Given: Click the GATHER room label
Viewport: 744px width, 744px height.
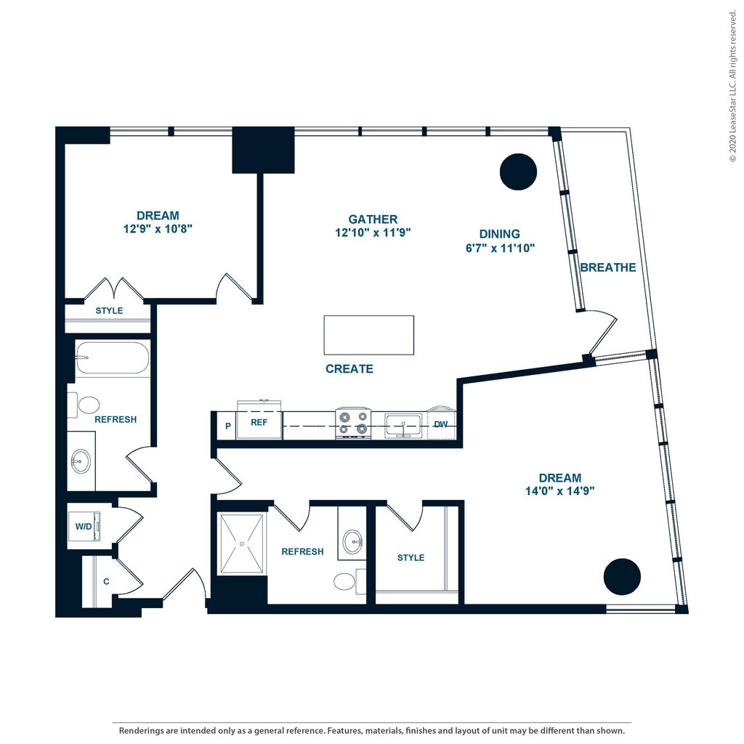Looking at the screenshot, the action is click(x=373, y=219).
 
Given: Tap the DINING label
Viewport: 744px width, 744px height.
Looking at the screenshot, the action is click(x=499, y=234).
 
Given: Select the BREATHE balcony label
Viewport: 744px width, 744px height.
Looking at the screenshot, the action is click(x=608, y=267).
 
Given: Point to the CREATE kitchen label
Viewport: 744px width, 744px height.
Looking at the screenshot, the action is click(x=349, y=368).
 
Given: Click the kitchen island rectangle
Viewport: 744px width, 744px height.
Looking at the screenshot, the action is click(x=369, y=335).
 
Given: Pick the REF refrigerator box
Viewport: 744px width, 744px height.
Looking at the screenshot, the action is click(x=259, y=422).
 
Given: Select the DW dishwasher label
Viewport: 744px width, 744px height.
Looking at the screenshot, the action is click(x=440, y=424).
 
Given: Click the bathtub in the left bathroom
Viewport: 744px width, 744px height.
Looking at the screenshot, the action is click(x=112, y=357).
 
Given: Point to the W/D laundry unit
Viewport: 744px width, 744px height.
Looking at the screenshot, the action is click(x=84, y=526).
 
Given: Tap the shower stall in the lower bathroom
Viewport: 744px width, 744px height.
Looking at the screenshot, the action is click(x=243, y=545).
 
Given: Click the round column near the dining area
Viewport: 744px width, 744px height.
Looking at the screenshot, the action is click(x=519, y=172).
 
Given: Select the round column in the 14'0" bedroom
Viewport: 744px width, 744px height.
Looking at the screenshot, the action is click(x=622, y=576).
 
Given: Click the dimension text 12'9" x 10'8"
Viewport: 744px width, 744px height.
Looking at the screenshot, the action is click(x=158, y=228).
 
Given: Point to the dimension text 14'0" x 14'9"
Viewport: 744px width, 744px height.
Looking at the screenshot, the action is click(x=560, y=490).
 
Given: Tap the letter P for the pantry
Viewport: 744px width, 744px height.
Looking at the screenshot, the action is click(x=228, y=426).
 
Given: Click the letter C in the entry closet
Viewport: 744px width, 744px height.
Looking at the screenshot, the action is click(x=106, y=581).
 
